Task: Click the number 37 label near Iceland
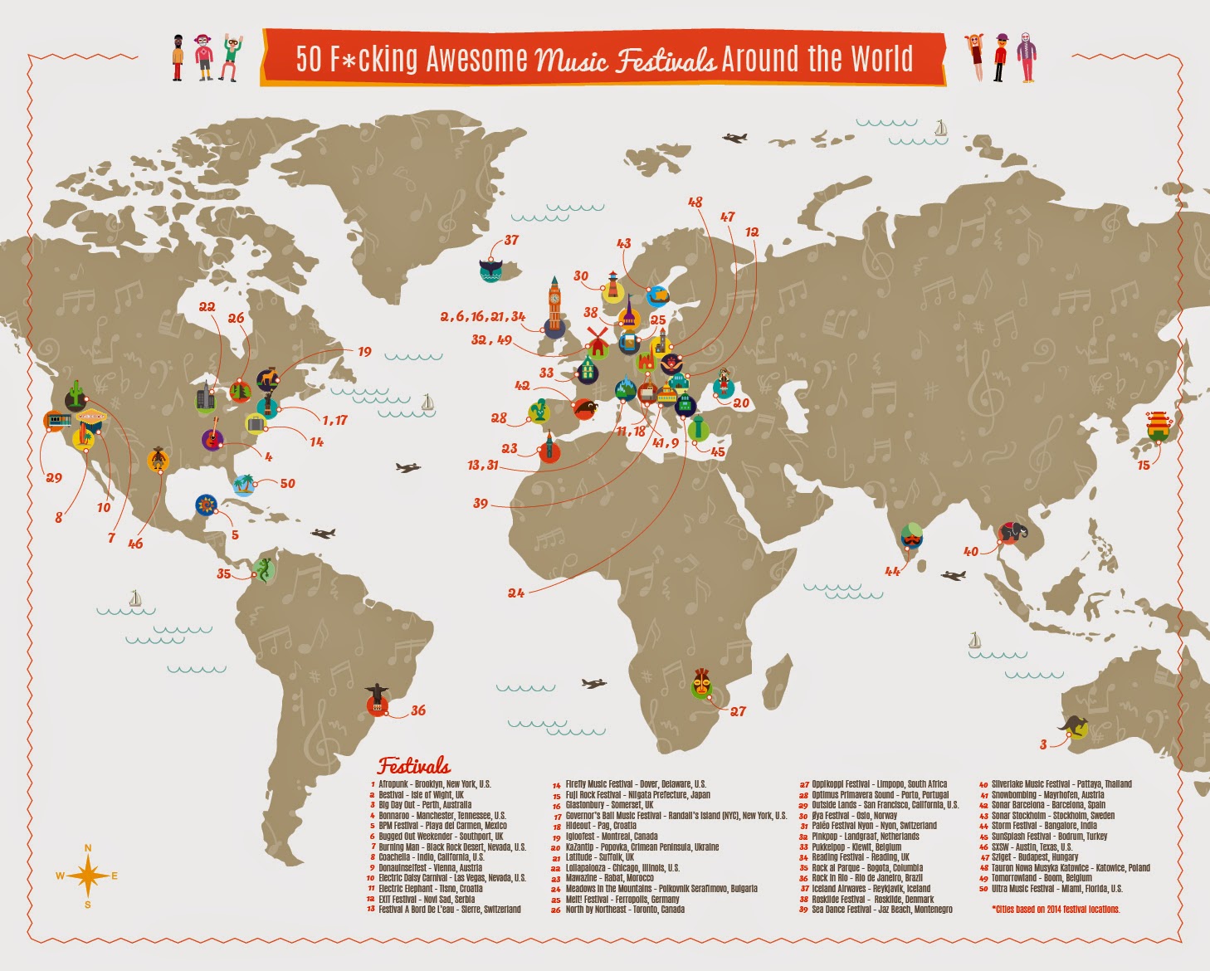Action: coord(511,240)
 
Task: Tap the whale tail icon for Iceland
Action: coord(492,270)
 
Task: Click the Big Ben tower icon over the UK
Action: coord(554,307)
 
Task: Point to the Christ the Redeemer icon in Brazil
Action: coord(378,700)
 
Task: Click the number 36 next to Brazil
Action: coord(418,710)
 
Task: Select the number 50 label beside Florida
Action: coord(287,483)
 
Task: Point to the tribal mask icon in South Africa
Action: coord(702,684)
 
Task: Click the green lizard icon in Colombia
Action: coord(263,569)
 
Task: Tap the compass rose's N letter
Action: coord(88,848)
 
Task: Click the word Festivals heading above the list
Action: coord(414,765)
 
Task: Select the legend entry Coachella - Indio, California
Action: coord(431,857)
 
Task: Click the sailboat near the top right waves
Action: coord(940,128)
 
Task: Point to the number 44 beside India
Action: coord(892,571)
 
